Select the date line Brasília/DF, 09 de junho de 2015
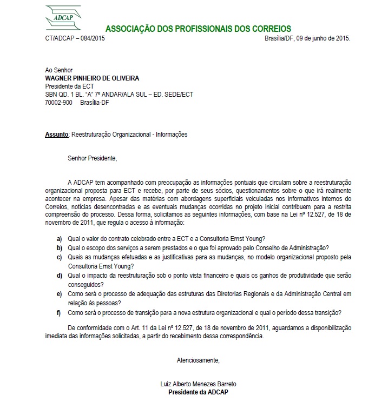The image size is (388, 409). coord(307,38)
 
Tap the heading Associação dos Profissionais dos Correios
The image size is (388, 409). coord(198,29)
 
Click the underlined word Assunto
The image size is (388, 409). coord(56,134)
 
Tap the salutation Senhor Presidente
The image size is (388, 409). coord(92,158)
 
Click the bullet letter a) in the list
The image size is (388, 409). coord(59,238)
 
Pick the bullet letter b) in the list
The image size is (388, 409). coord(59,247)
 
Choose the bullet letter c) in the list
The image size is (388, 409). coord(59,257)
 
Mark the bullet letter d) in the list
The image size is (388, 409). coord(59,276)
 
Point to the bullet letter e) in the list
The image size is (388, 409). coord(59,294)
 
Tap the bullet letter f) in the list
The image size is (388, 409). coord(59,313)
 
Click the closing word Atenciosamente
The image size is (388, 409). coord(199,360)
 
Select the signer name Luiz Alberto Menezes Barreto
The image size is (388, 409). coord(199,384)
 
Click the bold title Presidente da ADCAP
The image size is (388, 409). coord(199,392)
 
